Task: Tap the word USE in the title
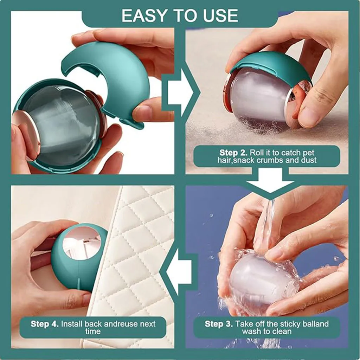click(220, 16)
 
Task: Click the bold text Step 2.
click(233, 153)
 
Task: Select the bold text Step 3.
click(219, 323)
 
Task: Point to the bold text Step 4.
click(44, 323)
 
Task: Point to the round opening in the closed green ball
click(82, 243)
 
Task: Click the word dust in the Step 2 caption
click(309, 160)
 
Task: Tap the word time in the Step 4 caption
click(93, 332)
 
